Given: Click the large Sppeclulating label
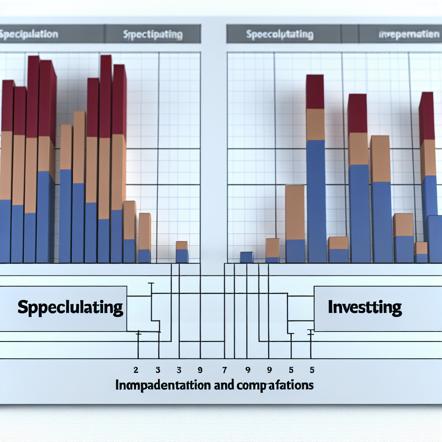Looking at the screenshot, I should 70,308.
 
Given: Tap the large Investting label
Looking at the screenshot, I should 365,307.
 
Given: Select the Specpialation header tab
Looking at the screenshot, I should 29,34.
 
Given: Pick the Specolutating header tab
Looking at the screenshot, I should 280,35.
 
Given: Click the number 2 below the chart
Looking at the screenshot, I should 136,370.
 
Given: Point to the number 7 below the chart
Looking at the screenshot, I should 224,370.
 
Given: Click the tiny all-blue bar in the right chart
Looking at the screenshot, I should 246,257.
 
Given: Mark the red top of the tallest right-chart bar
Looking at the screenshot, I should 315,92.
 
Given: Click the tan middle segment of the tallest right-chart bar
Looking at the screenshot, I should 315,124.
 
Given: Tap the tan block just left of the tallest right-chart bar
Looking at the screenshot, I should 295,212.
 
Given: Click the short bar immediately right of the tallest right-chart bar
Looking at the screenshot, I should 338,250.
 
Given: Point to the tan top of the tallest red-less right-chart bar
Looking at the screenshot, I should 380,159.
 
